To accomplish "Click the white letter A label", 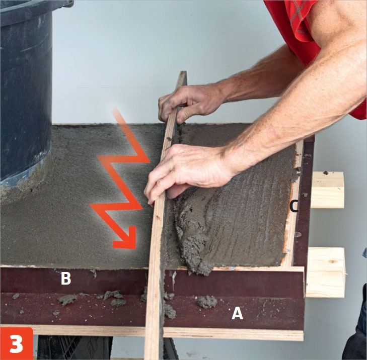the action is (237, 313).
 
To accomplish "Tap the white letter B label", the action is (66, 279).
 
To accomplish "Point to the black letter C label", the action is (293, 207).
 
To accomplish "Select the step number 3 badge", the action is (17, 343).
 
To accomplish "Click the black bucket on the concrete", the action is (26, 94).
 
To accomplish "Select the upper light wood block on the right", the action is (327, 190).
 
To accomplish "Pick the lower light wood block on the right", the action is (326, 273).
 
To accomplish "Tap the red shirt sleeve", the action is (304, 35).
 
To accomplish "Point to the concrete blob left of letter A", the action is (207, 302).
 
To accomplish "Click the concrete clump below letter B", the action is (67, 300).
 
